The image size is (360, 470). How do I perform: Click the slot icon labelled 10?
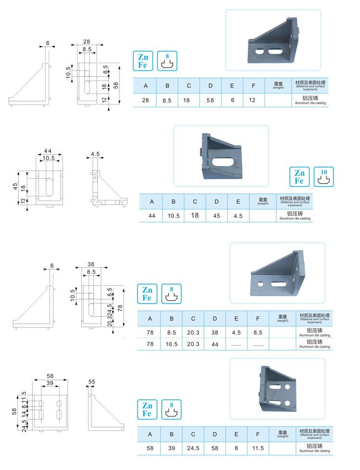(x=323, y=177)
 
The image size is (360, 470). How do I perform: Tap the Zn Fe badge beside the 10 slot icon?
(x=299, y=177)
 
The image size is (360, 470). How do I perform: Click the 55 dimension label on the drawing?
(x=91, y=382)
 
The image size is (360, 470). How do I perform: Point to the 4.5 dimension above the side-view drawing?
(x=95, y=155)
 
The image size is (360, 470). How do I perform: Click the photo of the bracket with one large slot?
(x=221, y=156)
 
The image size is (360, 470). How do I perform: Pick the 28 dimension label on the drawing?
(x=87, y=42)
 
